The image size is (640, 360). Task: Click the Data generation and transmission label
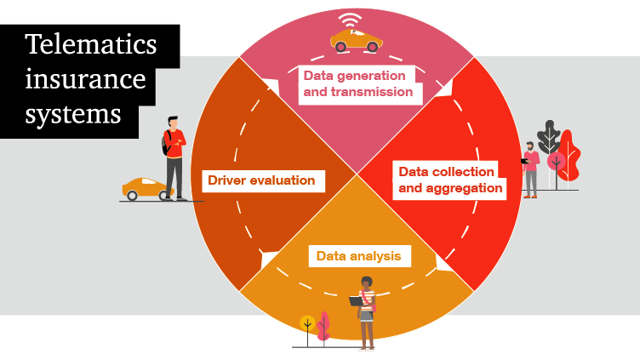(x=358, y=83)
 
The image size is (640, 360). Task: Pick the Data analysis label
(x=357, y=255)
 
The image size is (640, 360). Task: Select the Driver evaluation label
(x=261, y=180)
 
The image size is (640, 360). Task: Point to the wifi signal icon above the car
(x=349, y=20)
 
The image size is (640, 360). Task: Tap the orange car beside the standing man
(x=146, y=188)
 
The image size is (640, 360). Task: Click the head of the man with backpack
(x=174, y=124)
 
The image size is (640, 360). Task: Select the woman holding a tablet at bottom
(x=366, y=311)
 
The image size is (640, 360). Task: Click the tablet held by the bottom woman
(x=356, y=300)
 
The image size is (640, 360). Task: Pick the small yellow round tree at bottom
(x=307, y=323)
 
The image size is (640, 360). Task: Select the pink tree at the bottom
(x=323, y=326)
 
